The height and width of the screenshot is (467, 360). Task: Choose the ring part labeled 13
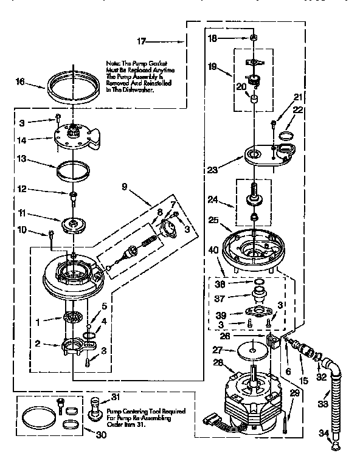[72, 168]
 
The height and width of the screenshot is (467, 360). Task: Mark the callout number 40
[213, 249]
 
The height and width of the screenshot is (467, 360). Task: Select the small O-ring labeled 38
[258, 282]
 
